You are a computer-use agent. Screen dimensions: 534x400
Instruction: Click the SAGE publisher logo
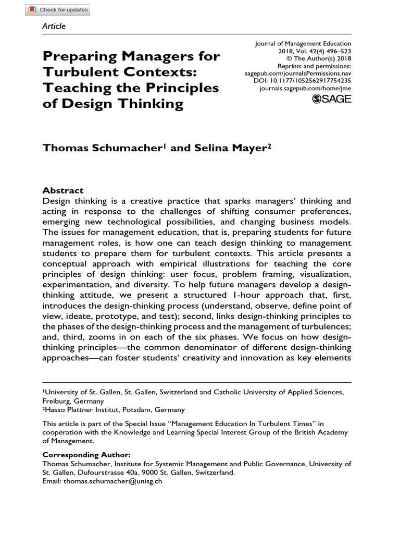[331, 99]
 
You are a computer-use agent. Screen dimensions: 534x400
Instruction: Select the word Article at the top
[54, 26]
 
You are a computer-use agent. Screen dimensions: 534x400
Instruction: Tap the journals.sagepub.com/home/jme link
[305, 89]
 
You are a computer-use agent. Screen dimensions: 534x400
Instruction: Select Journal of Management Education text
[303, 44]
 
